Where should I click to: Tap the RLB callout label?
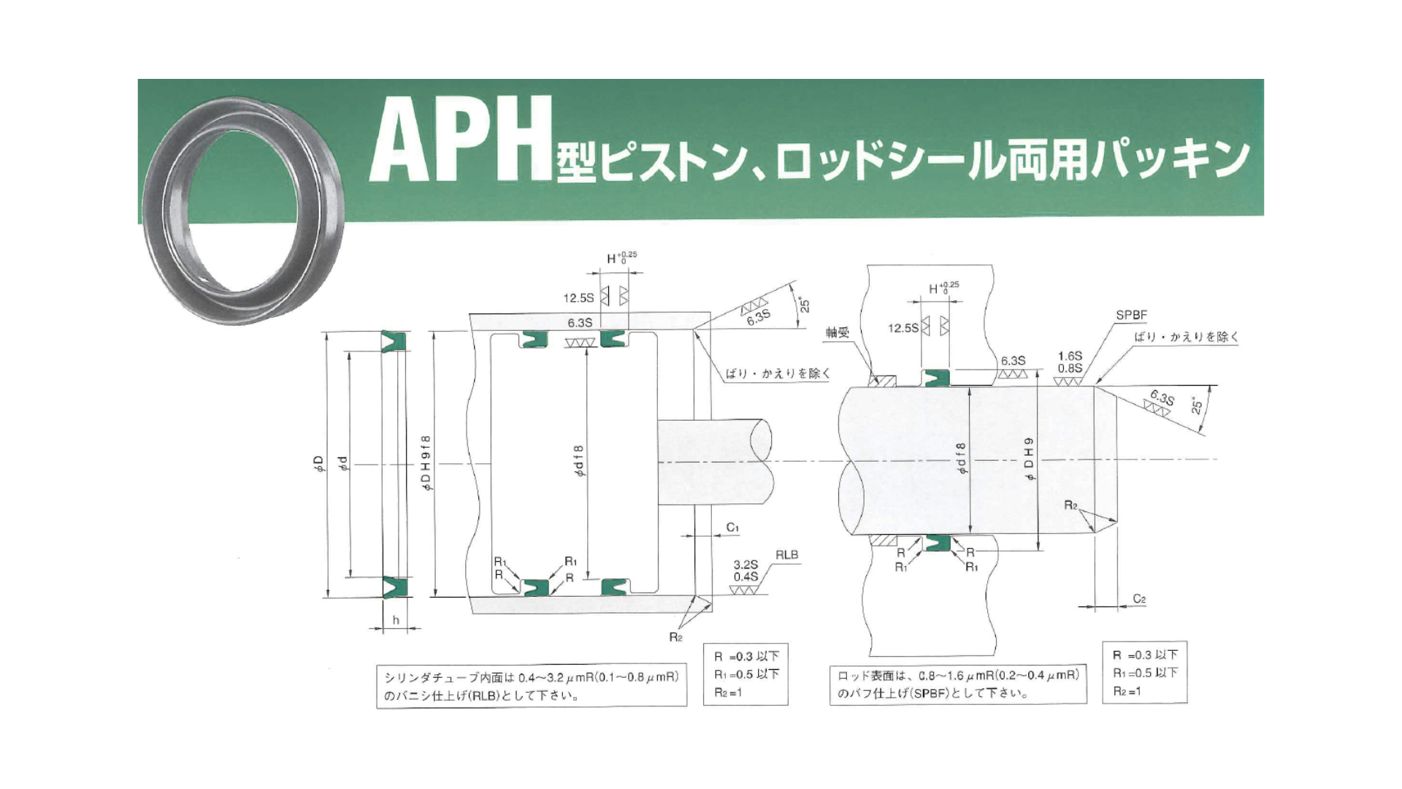(786, 555)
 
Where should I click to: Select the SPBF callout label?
(1131, 316)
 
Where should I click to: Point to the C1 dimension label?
(732, 527)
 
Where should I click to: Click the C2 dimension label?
(1139, 599)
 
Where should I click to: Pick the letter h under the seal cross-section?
(396, 620)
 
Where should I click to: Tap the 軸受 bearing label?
(838, 332)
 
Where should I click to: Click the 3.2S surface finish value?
(746, 565)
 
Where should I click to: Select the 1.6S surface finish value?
(1070, 356)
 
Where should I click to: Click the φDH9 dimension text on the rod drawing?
(1029, 459)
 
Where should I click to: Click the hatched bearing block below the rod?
(882, 541)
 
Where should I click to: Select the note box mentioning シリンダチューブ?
(532, 686)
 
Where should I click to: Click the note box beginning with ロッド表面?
(958, 684)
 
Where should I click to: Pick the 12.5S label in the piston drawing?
(578, 298)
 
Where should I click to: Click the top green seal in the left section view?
(395, 341)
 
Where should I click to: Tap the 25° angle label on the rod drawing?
(1197, 406)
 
